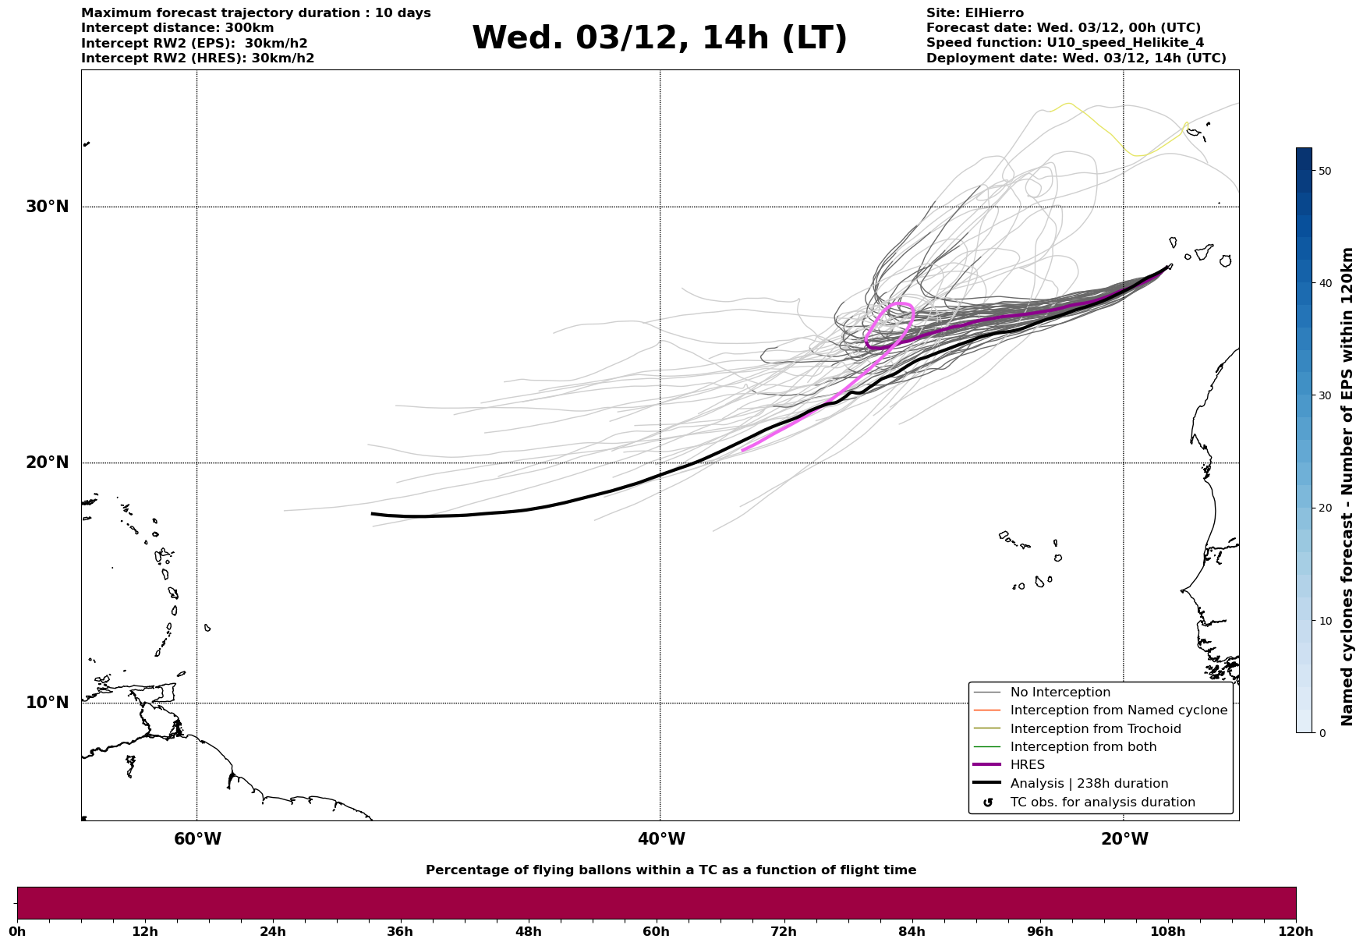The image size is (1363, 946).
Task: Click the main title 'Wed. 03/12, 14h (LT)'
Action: tap(659, 38)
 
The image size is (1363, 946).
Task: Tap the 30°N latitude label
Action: tap(47, 207)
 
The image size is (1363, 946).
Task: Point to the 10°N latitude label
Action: tap(47, 703)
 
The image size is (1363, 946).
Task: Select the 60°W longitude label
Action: tap(197, 839)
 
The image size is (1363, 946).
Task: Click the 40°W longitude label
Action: tap(661, 839)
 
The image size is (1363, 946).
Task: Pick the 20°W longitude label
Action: tap(1124, 839)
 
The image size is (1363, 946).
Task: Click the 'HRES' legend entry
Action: tap(1027, 765)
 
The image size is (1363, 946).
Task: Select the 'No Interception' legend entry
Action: tap(1060, 693)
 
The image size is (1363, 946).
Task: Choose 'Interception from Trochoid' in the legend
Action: tap(1095, 729)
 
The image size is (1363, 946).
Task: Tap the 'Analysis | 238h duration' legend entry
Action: tap(1089, 784)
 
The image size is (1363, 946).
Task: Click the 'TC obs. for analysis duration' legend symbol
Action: tap(988, 803)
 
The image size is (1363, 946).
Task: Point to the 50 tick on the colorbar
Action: tap(1324, 171)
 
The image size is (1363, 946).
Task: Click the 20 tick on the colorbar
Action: tap(1324, 508)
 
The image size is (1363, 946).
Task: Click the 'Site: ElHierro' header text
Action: tap(975, 13)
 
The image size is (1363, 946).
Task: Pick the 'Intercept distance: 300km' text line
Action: tap(178, 28)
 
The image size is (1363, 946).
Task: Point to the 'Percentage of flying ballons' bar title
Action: tap(671, 870)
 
